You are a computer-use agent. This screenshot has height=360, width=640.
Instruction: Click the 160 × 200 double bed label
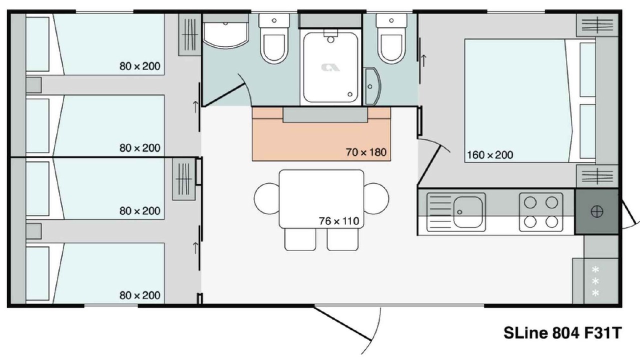click(x=490, y=155)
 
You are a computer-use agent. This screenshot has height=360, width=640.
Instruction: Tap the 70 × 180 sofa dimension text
click(x=366, y=152)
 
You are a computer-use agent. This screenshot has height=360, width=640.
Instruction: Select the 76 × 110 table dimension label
click(x=339, y=221)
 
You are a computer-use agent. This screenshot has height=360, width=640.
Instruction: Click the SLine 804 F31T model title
click(x=562, y=333)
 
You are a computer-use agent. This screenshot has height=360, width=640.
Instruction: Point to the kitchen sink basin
click(x=467, y=211)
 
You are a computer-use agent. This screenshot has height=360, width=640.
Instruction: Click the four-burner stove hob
click(x=541, y=212)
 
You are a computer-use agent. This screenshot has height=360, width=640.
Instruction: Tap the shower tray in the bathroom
click(x=330, y=67)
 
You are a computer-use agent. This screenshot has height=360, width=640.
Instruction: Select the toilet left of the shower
click(x=274, y=38)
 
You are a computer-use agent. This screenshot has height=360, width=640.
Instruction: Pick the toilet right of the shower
click(x=391, y=38)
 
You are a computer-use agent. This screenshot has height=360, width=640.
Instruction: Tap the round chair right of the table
click(x=376, y=198)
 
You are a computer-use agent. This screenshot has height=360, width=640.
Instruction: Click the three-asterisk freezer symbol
click(x=595, y=281)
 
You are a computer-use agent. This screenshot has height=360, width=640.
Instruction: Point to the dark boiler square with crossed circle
click(x=597, y=211)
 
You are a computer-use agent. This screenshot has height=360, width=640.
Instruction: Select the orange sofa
click(x=321, y=134)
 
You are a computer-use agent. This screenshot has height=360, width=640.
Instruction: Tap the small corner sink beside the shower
click(x=372, y=86)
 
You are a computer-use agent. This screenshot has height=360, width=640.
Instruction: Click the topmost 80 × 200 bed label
click(x=139, y=66)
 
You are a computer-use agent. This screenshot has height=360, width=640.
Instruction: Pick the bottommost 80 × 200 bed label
click(x=139, y=295)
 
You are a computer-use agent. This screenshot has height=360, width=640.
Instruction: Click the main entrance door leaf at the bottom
click(x=342, y=323)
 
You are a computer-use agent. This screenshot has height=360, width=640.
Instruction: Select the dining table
click(x=321, y=199)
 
